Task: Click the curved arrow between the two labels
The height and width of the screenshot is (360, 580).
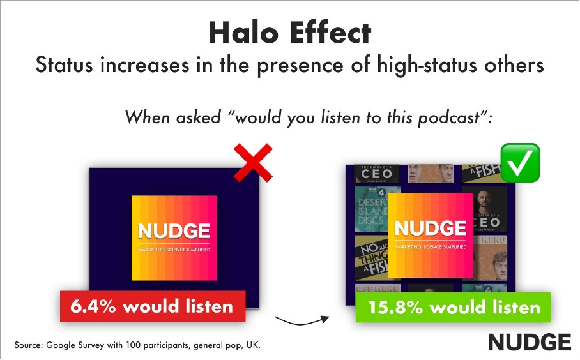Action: pyautogui.click(x=301, y=317)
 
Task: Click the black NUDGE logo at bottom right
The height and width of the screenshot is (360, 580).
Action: pyautogui.click(x=530, y=341)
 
